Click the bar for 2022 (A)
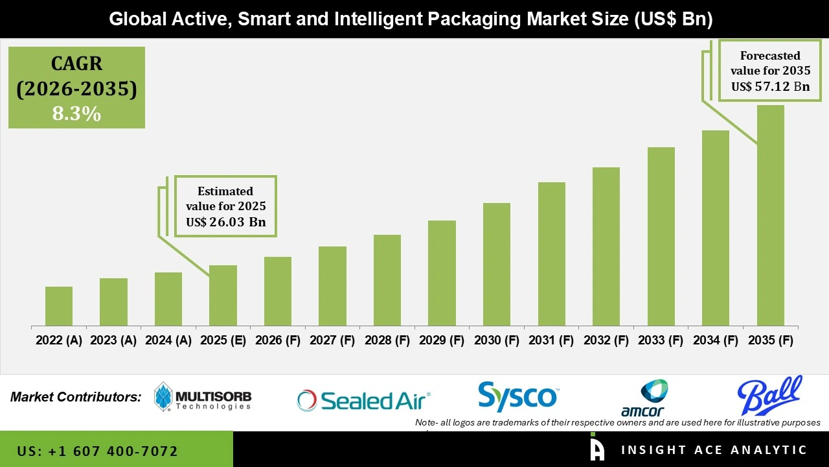pos(59,306)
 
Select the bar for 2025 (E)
pos(223,295)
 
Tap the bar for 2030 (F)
pos(497,264)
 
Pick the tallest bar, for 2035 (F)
pos(770,215)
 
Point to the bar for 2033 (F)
pos(661,236)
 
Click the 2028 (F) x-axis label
pos(387,341)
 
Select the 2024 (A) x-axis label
pos(168,341)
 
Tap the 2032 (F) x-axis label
pos(606,341)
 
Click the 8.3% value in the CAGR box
pos(76,114)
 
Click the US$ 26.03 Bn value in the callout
pos(225,222)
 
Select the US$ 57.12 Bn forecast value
pos(770,86)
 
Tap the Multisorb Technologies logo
pos(203,397)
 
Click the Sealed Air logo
pos(363,401)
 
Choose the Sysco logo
pos(517,397)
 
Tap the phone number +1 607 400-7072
pos(98,451)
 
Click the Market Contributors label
pos(76,396)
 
